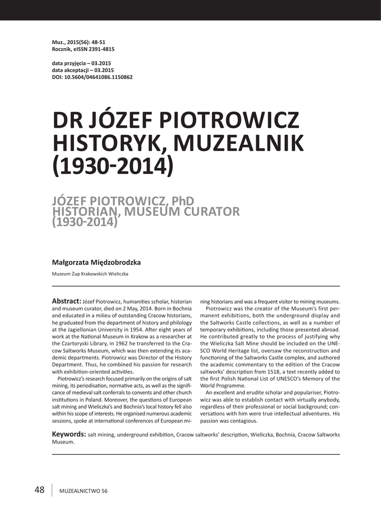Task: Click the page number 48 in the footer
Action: click(x=39, y=490)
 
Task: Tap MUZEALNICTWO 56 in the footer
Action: click(x=83, y=491)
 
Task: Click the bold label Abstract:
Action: click(x=66, y=301)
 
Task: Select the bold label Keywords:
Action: click(x=69, y=434)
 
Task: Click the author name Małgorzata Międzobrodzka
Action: click(x=97, y=262)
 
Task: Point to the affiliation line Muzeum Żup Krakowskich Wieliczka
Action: click(x=90, y=273)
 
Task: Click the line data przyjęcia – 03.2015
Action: click(x=81, y=63)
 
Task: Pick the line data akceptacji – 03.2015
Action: click(x=82, y=70)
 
